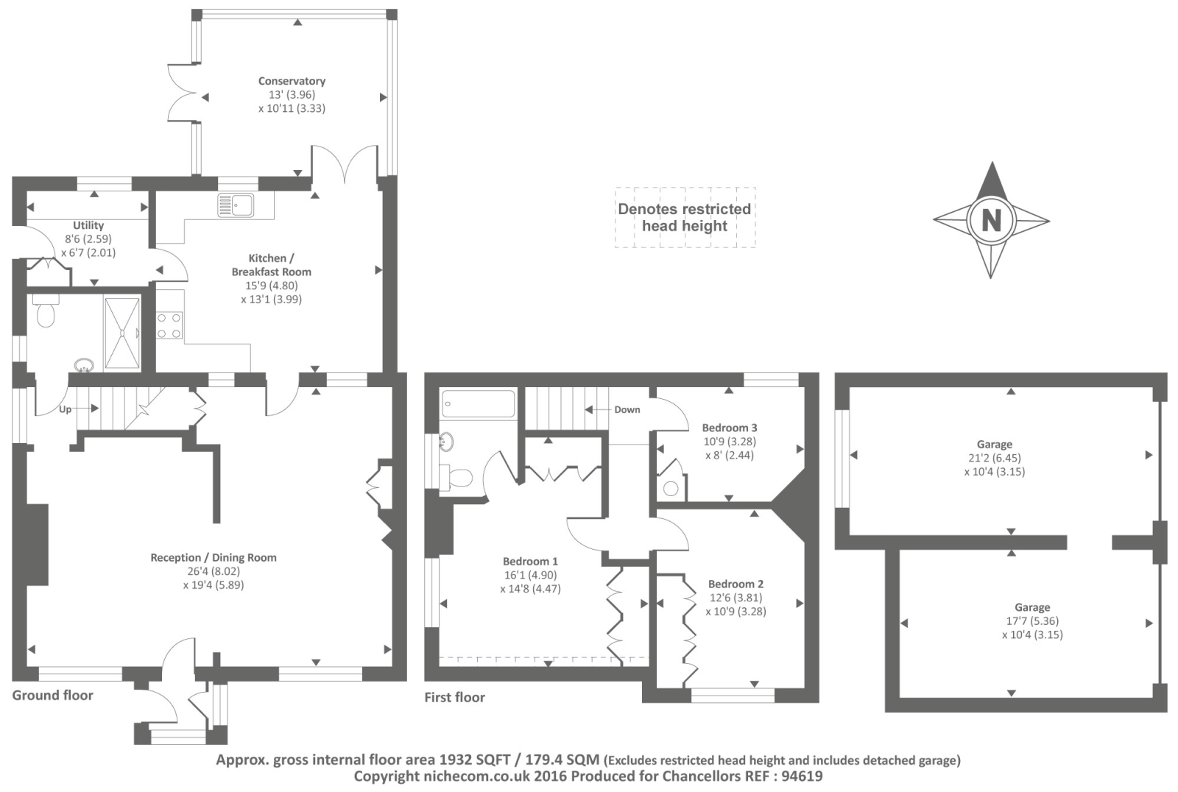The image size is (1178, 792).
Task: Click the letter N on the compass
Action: click(991, 220)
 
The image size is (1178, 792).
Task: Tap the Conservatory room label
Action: click(292, 81)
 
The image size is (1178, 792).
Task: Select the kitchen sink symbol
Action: click(236, 205)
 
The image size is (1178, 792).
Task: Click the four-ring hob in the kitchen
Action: click(169, 326)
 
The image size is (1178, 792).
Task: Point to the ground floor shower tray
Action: click(121, 332)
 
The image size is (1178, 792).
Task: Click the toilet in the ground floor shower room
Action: click(46, 312)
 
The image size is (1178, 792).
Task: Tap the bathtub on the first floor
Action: click(478, 404)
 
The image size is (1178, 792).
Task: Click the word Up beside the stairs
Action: click(66, 409)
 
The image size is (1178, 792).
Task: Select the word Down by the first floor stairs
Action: click(627, 410)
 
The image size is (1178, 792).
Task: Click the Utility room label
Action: click(88, 225)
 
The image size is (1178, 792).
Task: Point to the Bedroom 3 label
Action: click(729, 428)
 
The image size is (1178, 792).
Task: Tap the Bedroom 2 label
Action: click(736, 584)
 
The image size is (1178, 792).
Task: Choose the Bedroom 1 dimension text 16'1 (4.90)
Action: click(530, 575)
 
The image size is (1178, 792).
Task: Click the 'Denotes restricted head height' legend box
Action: click(685, 217)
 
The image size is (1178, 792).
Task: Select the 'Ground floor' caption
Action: click(52, 695)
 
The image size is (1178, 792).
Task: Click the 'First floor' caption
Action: click(454, 697)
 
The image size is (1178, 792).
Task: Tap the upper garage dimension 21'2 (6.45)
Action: click(994, 458)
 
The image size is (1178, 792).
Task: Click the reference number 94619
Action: click(802, 776)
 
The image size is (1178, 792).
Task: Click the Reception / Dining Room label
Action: click(214, 557)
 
